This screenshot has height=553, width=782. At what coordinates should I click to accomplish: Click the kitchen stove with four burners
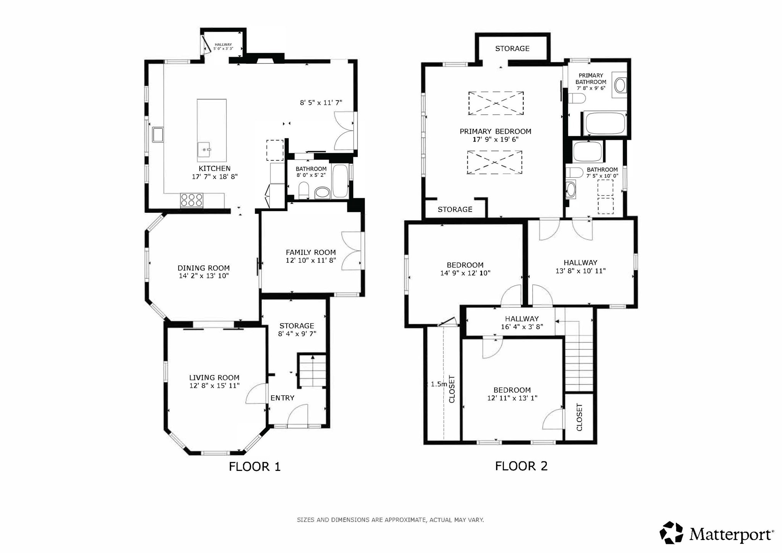pyautogui.click(x=192, y=200)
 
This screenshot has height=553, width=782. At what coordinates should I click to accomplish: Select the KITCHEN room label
pyautogui.click(x=214, y=168)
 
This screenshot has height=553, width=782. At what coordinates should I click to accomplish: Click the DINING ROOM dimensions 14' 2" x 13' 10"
pyautogui.click(x=204, y=276)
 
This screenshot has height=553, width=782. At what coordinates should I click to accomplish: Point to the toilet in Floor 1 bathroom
pyautogui.click(x=304, y=190)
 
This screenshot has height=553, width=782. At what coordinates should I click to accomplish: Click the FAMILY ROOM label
pyautogui.click(x=311, y=252)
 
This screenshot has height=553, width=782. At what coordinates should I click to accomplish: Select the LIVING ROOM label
pyautogui.click(x=214, y=377)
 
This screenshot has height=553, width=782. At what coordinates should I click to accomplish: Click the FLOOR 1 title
pyautogui.click(x=255, y=466)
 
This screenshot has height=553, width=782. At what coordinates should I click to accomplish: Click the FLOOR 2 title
pyautogui.click(x=521, y=466)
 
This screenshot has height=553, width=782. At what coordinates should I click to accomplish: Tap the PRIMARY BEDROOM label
pyautogui.click(x=495, y=131)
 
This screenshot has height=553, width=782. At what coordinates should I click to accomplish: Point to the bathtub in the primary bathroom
pyautogui.click(x=604, y=123)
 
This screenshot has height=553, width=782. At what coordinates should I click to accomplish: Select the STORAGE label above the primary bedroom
pyautogui.click(x=512, y=49)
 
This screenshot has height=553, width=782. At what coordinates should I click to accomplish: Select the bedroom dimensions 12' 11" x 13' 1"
pyautogui.click(x=512, y=398)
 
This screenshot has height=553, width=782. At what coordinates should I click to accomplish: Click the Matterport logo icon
pyautogui.click(x=671, y=532)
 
